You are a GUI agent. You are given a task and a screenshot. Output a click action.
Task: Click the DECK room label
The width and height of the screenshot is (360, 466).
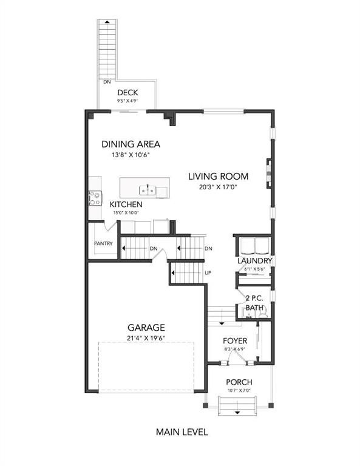[127, 93]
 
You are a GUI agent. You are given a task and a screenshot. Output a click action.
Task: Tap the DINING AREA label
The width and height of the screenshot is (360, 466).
[131, 144]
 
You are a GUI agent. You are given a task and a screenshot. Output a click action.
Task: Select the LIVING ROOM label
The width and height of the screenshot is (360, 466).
[218, 177]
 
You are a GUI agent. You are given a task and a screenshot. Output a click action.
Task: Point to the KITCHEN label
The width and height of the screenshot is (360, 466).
[126, 204]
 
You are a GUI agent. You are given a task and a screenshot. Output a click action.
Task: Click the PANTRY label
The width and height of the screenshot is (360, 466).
[103, 243]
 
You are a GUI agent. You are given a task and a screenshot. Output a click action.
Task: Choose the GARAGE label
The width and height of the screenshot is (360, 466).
[145, 328]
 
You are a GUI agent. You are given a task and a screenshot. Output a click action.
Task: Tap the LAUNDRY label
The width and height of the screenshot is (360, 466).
[254, 261]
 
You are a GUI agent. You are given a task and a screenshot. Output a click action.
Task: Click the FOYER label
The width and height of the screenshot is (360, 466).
[234, 341]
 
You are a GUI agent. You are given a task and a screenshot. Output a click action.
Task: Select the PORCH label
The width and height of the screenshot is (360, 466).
[239, 382]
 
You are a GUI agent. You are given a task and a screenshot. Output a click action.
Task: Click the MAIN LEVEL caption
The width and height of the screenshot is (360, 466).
[182, 433]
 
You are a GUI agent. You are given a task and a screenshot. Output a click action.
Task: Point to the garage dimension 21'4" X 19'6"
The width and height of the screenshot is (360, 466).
[145, 338]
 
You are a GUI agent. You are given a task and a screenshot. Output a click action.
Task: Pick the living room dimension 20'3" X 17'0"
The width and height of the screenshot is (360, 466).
[218, 187]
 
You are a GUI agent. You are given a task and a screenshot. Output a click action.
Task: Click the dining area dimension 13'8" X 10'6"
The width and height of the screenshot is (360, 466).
[131, 155]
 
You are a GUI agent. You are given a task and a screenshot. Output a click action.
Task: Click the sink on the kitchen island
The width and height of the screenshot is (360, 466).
[146, 191]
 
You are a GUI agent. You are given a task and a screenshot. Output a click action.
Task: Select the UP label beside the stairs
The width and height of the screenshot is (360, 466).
[208, 272]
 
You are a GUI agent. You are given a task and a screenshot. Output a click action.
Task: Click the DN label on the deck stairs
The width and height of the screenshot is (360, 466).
[107, 81]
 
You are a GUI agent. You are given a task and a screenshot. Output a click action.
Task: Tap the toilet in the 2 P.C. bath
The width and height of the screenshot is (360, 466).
[249, 310]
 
